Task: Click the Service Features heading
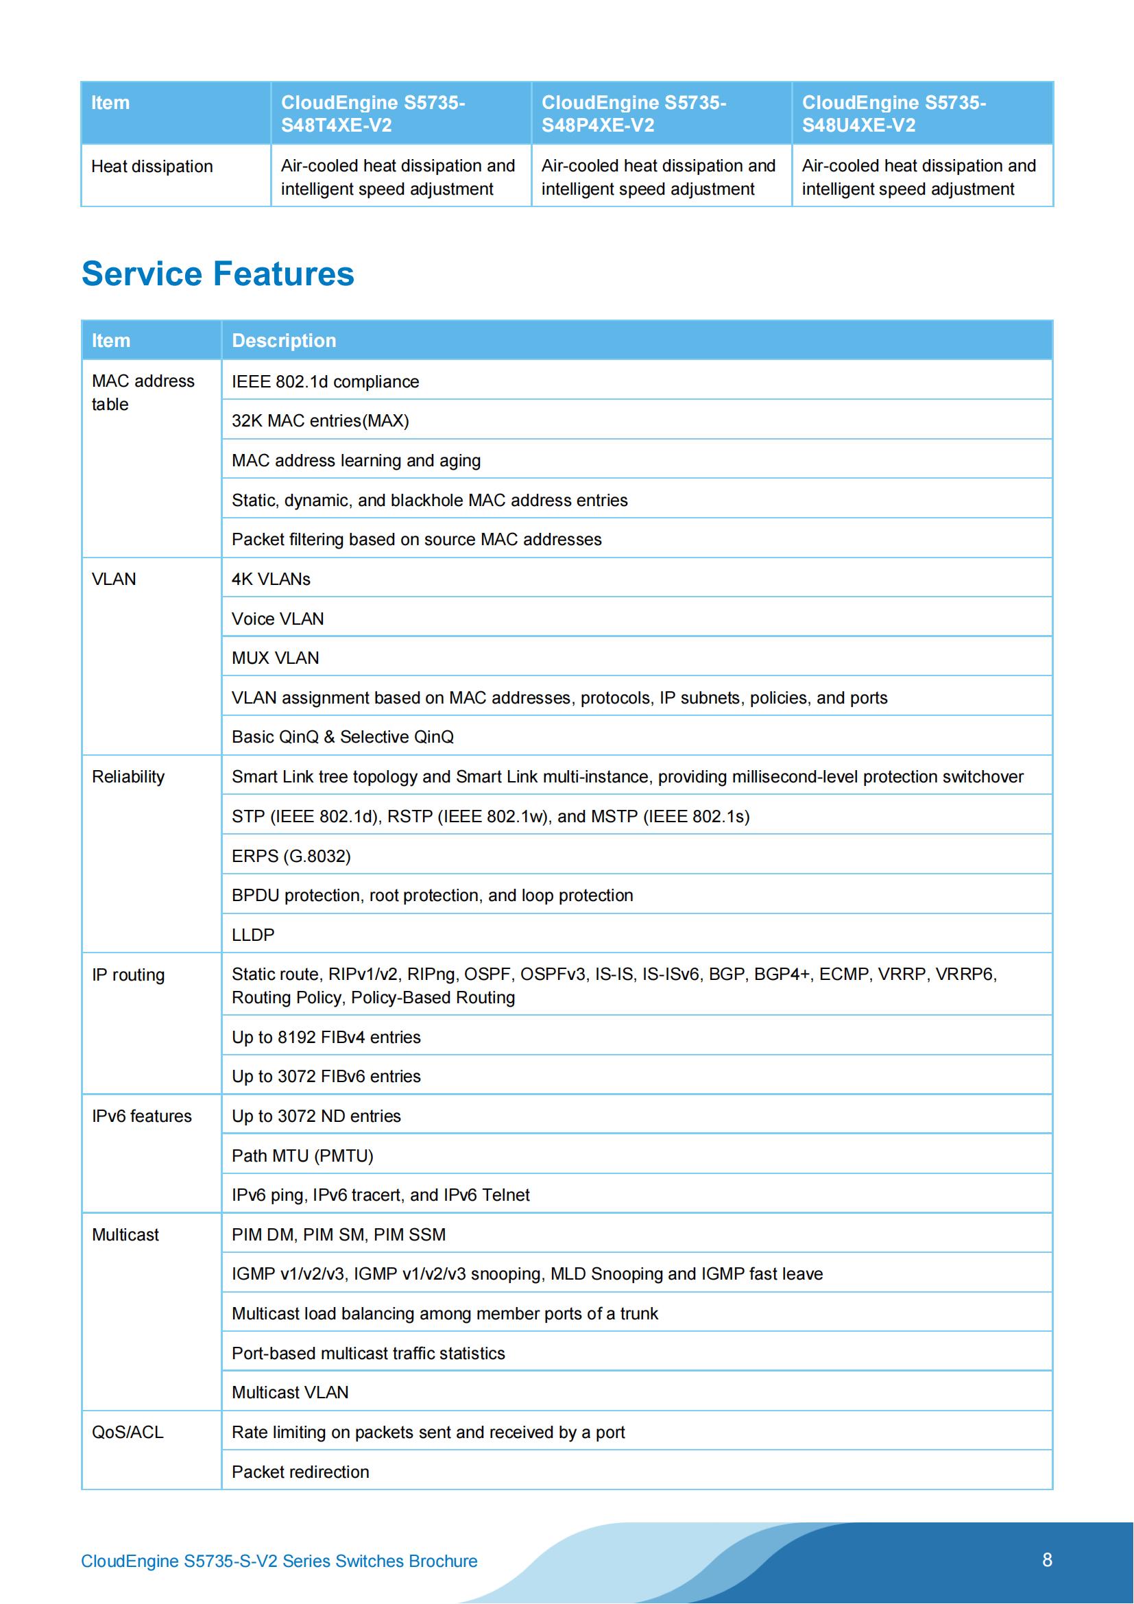tap(217, 273)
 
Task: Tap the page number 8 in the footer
tap(1047, 1560)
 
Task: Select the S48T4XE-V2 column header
tap(373, 114)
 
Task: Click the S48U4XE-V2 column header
tap(894, 114)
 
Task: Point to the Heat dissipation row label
tap(152, 167)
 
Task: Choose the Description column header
tap(284, 340)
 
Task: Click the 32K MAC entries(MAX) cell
tap(320, 420)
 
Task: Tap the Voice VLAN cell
tap(278, 619)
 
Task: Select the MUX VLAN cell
tap(275, 658)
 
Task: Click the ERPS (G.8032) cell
tap(291, 856)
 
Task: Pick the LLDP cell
tap(253, 935)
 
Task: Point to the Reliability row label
tap(128, 777)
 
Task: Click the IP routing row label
tap(128, 974)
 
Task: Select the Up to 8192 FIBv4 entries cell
tap(326, 1037)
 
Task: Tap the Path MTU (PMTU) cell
tap(302, 1156)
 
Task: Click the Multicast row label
tap(125, 1234)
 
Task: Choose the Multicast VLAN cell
tap(290, 1392)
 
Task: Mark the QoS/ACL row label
tap(128, 1432)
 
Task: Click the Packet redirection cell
tap(300, 1472)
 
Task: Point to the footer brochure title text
tap(279, 1561)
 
